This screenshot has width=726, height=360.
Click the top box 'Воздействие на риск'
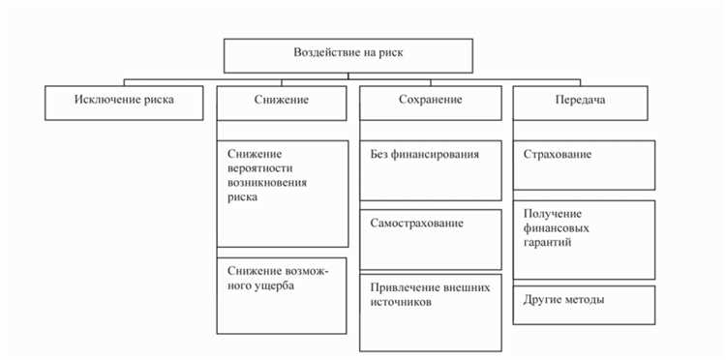pos(348,55)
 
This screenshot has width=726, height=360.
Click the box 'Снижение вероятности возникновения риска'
pos(282,193)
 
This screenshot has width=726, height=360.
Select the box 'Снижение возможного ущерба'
pos(282,294)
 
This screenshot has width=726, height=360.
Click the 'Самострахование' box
pos(430,239)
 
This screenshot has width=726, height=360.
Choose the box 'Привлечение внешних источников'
pos(430,312)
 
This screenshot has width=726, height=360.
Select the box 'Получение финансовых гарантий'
pos(584,239)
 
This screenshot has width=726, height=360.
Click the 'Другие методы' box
pos(584,304)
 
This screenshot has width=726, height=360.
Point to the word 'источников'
pos(401,302)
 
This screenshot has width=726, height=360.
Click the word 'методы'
pos(584,299)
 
